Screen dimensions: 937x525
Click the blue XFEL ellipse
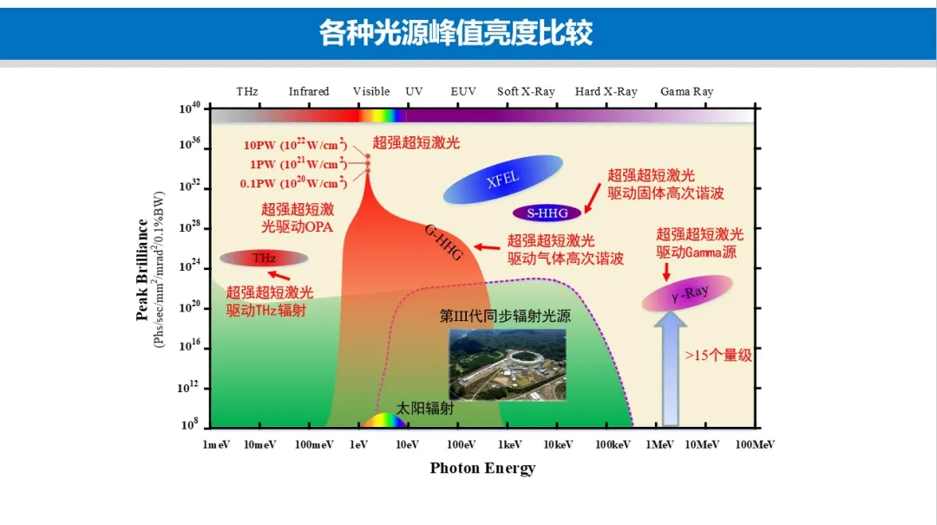(502, 179)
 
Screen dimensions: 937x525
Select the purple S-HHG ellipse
(547, 213)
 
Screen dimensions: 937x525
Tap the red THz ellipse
(264, 259)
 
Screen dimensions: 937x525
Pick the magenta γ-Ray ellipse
(687, 293)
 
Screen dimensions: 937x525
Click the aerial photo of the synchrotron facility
(508, 364)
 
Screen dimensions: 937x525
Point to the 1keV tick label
(509, 444)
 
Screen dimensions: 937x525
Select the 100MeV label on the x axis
(755, 444)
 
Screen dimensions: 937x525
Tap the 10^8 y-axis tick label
(189, 424)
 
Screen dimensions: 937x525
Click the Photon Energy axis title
(483, 468)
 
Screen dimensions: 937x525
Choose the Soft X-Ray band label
(526, 91)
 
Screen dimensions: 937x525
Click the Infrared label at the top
(309, 91)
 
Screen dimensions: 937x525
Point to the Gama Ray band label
(686, 91)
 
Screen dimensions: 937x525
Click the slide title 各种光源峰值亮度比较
(456, 33)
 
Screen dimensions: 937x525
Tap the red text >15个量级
(718, 355)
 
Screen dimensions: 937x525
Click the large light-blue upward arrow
(671, 370)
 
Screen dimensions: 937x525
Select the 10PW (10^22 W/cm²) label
(295, 145)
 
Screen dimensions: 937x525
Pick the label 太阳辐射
(425, 409)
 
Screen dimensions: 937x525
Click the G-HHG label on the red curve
(443, 242)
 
